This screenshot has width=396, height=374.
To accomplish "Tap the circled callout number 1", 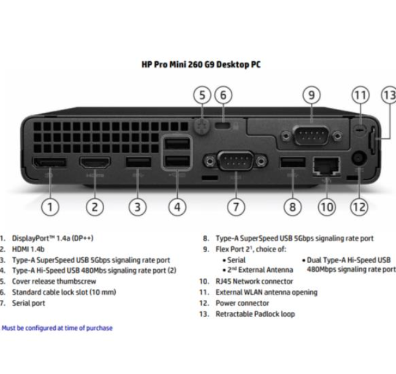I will [x=50, y=206].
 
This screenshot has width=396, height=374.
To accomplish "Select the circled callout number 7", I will [x=236, y=206].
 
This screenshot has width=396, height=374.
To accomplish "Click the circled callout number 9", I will [x=311, y=95].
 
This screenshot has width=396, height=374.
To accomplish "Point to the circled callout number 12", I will [x=359, y=206].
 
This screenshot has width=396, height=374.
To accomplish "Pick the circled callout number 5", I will [x=202, y=95].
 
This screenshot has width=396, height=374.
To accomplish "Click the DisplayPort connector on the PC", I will [x=50, y=163].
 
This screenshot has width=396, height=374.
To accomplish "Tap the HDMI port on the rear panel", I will [x=94, y=163].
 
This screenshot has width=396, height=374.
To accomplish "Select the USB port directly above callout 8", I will [x=292, y=162].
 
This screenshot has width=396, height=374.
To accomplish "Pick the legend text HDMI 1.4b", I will [x=28, y=249].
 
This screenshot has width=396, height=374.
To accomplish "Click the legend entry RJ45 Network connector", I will [x=245, y=282].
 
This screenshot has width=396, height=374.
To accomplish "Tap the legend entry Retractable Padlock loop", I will [x=254, y=314].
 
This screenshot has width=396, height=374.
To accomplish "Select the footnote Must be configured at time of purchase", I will [x=57, y=328].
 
